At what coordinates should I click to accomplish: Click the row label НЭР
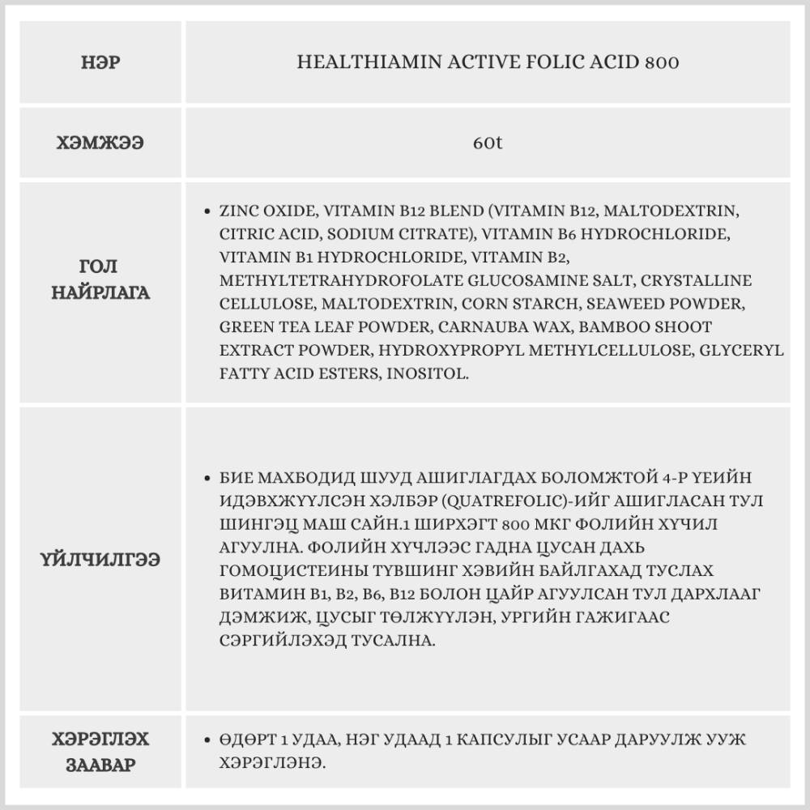tap(101, 62)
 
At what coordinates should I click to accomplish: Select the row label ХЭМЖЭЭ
tap(101, 143)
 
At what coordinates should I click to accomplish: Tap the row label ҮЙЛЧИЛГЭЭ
tap(101, 560)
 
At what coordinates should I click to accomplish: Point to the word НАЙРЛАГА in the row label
tap(101, 292)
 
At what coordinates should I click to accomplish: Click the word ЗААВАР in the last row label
tap(101, 765)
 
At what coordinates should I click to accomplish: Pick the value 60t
tap(488, 143)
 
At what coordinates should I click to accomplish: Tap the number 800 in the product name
tap(663, 62)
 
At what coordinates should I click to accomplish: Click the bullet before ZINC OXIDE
tap(207, 211)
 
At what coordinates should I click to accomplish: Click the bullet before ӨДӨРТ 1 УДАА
tap(207, 740)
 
